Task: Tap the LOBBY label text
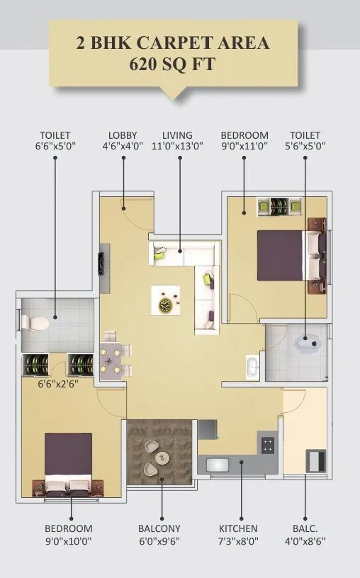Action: (123, 135)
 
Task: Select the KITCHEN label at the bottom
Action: (239, 528)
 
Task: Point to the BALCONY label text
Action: (161, 528)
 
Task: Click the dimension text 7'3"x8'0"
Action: (239, 542)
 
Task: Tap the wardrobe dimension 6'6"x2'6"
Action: (58, 386)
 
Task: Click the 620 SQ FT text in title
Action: (173, 66)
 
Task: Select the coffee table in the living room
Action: (164, 301)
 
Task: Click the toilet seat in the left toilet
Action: (35, 323)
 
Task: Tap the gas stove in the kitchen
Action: (269, 446)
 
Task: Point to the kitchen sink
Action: (215, 465)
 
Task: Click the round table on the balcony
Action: (159, 456)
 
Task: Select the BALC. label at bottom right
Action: (305, 528)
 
